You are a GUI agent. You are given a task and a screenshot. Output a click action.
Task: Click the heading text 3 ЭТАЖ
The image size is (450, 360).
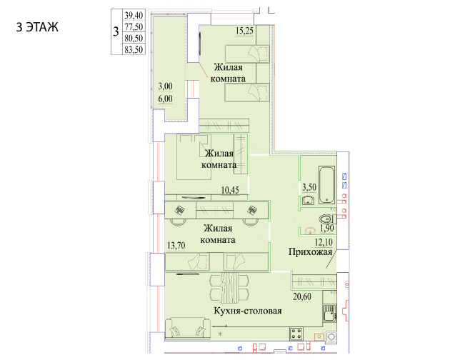point(37,27)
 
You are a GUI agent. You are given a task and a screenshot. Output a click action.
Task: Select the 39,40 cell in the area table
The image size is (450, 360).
point(134,15)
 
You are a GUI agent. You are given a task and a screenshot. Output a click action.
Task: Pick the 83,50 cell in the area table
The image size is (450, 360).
point(134,49)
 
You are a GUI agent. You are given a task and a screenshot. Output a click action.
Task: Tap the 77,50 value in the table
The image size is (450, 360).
point(134,26)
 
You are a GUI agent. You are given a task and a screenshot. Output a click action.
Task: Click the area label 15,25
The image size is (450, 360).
point(244,31)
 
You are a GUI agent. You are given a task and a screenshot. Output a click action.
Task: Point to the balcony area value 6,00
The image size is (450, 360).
point(165,99)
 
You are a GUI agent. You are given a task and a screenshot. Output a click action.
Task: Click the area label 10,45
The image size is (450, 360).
point(230,190)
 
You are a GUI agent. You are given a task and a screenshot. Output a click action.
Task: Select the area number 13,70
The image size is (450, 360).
point(176,246)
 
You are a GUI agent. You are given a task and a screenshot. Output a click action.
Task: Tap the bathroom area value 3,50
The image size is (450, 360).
point(309,187)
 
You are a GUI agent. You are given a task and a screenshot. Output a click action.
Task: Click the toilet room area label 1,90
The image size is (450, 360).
point(327,229)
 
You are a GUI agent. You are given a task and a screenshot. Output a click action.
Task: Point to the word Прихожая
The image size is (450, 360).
point(310,251)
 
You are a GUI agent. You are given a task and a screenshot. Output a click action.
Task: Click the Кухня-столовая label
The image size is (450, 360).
point(248,311)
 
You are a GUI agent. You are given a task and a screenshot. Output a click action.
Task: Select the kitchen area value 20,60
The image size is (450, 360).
point(302,296)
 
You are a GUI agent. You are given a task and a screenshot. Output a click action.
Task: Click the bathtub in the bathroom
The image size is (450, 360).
point(327,185)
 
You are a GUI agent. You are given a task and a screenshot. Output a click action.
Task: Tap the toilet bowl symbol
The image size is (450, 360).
point(326,219)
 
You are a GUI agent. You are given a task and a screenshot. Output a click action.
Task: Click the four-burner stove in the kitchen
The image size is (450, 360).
point(296,334)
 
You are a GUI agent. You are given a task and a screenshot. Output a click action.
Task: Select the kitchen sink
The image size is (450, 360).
point(329,313)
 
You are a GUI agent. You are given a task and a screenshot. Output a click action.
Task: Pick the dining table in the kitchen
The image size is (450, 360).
point(229,288)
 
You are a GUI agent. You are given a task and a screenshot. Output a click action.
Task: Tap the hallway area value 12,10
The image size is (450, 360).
point(324,242)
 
